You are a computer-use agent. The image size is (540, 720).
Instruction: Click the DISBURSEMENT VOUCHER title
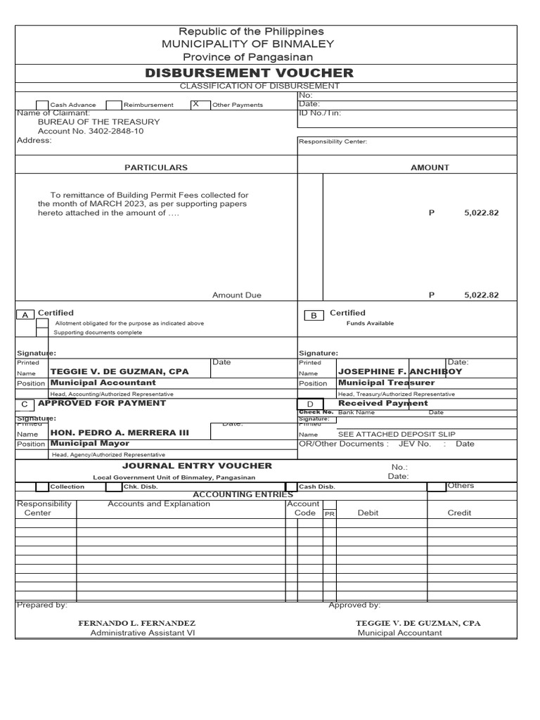tap(249, 73)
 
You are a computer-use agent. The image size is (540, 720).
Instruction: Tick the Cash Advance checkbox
tap(41, 105)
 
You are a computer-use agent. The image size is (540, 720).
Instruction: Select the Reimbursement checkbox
tap(114, 105)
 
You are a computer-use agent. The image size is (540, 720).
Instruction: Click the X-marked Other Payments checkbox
tap(198, 104)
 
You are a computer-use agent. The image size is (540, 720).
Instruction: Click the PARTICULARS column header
tap(156, 167)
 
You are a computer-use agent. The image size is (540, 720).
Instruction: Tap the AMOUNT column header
tap(430, 167)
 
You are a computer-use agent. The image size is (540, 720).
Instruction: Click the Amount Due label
tap(237, 295)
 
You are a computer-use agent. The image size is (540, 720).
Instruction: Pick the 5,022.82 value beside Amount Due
tap(481, 295)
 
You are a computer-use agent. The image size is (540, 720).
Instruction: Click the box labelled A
tap(25, 315)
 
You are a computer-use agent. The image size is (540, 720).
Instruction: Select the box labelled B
tap(314, 316)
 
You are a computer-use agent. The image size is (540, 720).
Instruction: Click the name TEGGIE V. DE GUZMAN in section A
tap(120, 371)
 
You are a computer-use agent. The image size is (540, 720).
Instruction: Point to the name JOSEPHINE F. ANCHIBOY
tap(400, 371)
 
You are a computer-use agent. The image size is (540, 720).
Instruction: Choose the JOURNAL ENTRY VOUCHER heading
tap(197, 465)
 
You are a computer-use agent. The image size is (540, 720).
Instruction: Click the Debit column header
tap(368, 513)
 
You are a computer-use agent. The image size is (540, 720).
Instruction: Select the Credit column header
tap(459, 513)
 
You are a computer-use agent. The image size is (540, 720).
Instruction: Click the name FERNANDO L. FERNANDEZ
tap(136, 623)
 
